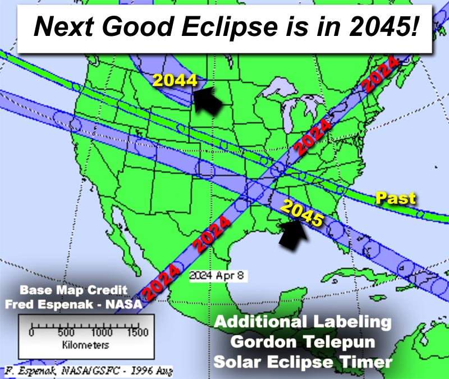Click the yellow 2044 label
[x=175, y=80]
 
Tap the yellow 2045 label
[x=302, y=213]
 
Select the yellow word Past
[x=396, y=198]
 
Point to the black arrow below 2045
[x=294, y=234]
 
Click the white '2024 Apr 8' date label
[x=217, y=276]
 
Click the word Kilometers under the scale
[x=86, y=345]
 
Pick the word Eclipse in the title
[x=230, y=26]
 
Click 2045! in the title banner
[x=383, y=26]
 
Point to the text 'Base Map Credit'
[x=74, y=290]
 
